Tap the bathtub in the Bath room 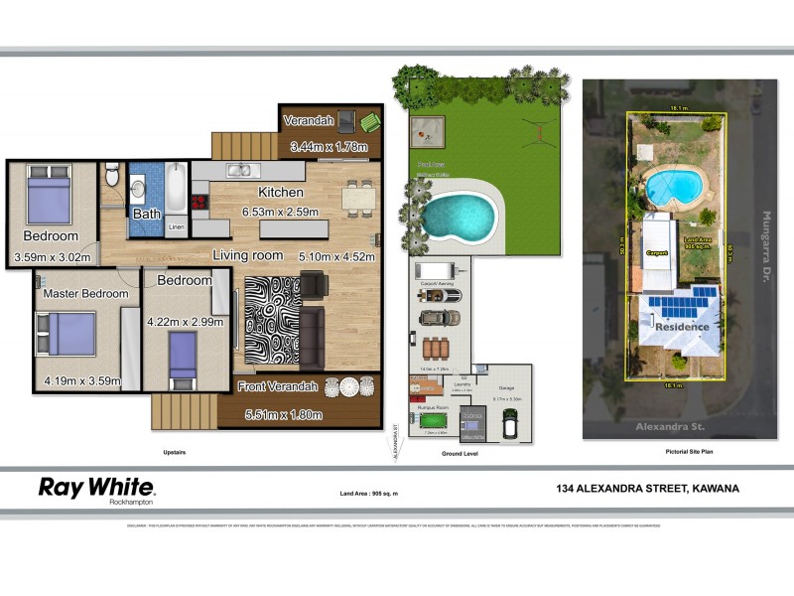coord(176,189)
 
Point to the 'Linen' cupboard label coord(176,227)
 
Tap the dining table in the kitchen coord(359,197)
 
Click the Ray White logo coord(96,489)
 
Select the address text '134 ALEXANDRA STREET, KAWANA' coord(647,488)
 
